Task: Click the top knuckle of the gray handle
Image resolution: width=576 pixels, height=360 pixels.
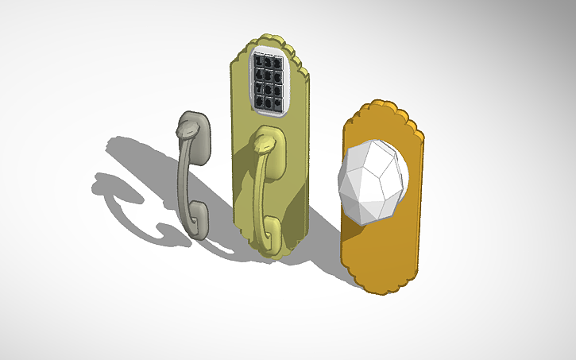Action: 187,127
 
